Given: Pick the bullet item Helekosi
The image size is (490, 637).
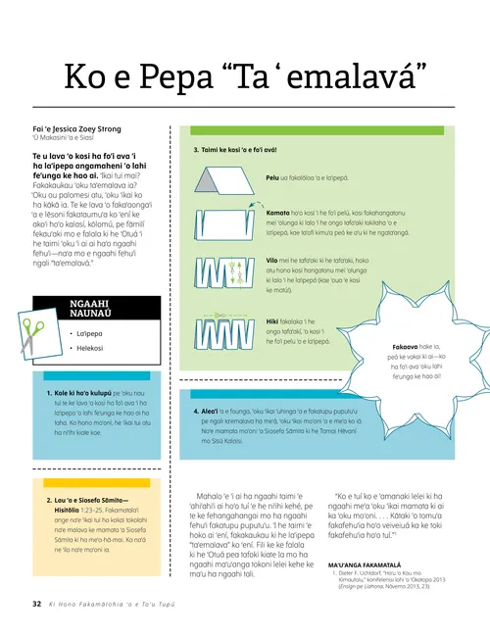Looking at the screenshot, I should (90, 320).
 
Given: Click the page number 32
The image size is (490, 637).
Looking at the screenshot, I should (37, 604).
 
